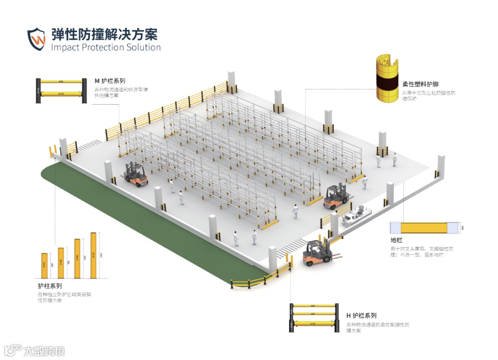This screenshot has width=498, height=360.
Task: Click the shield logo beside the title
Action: click(x=36, y=39)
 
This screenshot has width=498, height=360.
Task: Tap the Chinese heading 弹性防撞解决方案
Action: click(x=104, y=34)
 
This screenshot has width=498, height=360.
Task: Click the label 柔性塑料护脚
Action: click(x=420, y=84)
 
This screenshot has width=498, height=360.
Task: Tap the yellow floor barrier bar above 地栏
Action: click(x=424, y=228)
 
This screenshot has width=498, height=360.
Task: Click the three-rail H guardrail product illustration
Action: click(x=314, y=318)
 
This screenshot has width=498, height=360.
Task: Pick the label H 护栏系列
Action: click(x=362, y=316)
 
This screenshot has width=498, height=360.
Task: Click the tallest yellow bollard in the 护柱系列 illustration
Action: click(x=94, y=255)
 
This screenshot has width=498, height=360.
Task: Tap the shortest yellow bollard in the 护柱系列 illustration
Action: click(x=45, y=266)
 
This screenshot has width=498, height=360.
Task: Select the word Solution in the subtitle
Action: click(x=143, y=47)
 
